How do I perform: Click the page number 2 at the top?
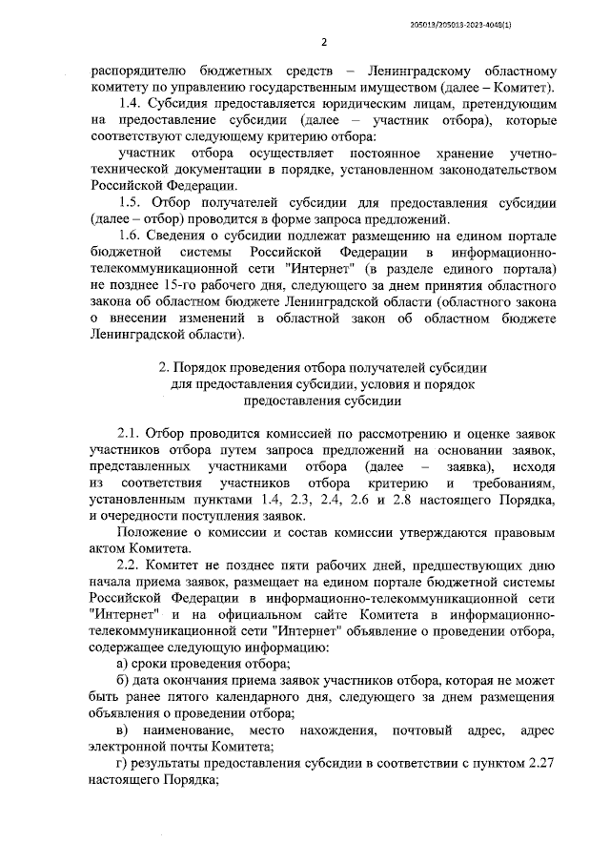point(324,41)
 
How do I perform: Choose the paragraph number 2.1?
point(131,432)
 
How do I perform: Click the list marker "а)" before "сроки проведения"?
point(123,665)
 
